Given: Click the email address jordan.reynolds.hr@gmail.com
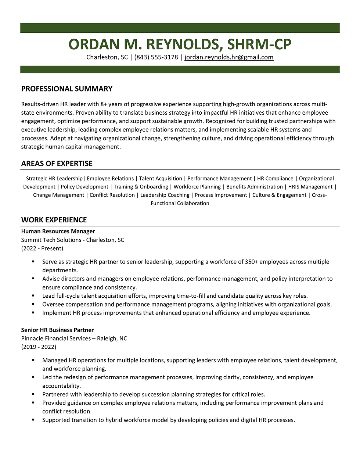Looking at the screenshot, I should click(x=229, y=57).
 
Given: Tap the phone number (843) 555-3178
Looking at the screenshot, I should click(x=156, y=57).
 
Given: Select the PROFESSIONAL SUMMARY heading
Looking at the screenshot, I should click(x=66, y=89).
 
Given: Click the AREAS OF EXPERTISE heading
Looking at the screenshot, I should click(x=57, y=164).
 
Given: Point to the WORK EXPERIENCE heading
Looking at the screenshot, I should click(x=54, y=220).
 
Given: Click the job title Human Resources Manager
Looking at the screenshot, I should click(x=58, y=232).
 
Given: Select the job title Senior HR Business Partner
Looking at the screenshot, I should click(x=57, y=330).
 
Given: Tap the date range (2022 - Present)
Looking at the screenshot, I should click(x=42, y=248).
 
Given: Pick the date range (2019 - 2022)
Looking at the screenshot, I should click(x=39, y=347).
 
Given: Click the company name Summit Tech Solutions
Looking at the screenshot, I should click(x=51, y=240).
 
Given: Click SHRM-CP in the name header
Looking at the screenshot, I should click(x=259, y=44).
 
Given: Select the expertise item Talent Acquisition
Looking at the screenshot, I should click(x=161, y=179).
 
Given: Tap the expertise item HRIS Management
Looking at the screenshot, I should click(x=310, y=187).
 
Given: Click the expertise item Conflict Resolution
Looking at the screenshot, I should click(x=112, y=195).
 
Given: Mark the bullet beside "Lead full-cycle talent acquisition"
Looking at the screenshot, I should click(x=33, y=296).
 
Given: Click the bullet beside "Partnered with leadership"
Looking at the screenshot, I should click(x=33, y=394).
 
